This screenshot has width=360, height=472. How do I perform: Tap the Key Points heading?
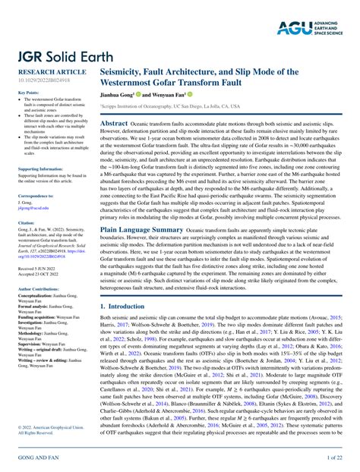point(27,93)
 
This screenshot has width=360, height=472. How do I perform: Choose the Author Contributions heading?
point(38,289)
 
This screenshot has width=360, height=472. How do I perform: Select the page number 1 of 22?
point(335,458)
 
